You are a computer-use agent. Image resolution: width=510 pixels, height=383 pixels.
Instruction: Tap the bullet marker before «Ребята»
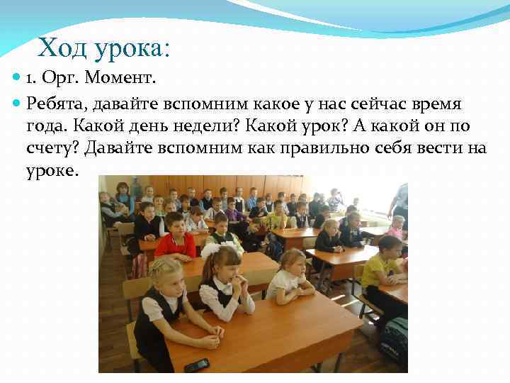pos(17,104)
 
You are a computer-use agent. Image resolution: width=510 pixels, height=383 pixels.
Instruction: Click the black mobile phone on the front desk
pos(196,365)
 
